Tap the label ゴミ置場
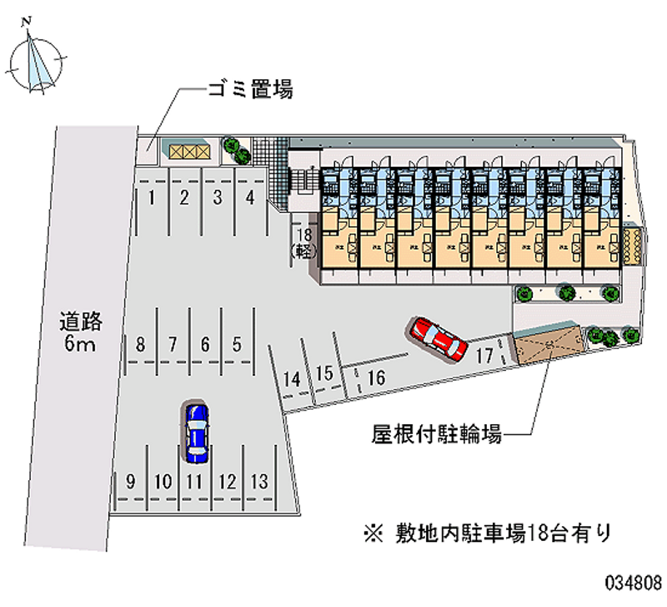(x=249, y=90)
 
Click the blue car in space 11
(x=196, y=432)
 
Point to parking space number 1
(x=152, y=198)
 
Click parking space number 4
(x=249, y=198)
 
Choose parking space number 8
(x=141, y=343)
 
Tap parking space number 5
(x=238, y=343)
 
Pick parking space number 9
(x=131, y=481)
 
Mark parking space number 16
(x=375, y=378)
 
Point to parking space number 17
(x=484, y=354)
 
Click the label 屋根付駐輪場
(x=436, y=434)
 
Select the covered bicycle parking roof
(x=546, y=345)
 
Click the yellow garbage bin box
(x=186, y=150)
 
